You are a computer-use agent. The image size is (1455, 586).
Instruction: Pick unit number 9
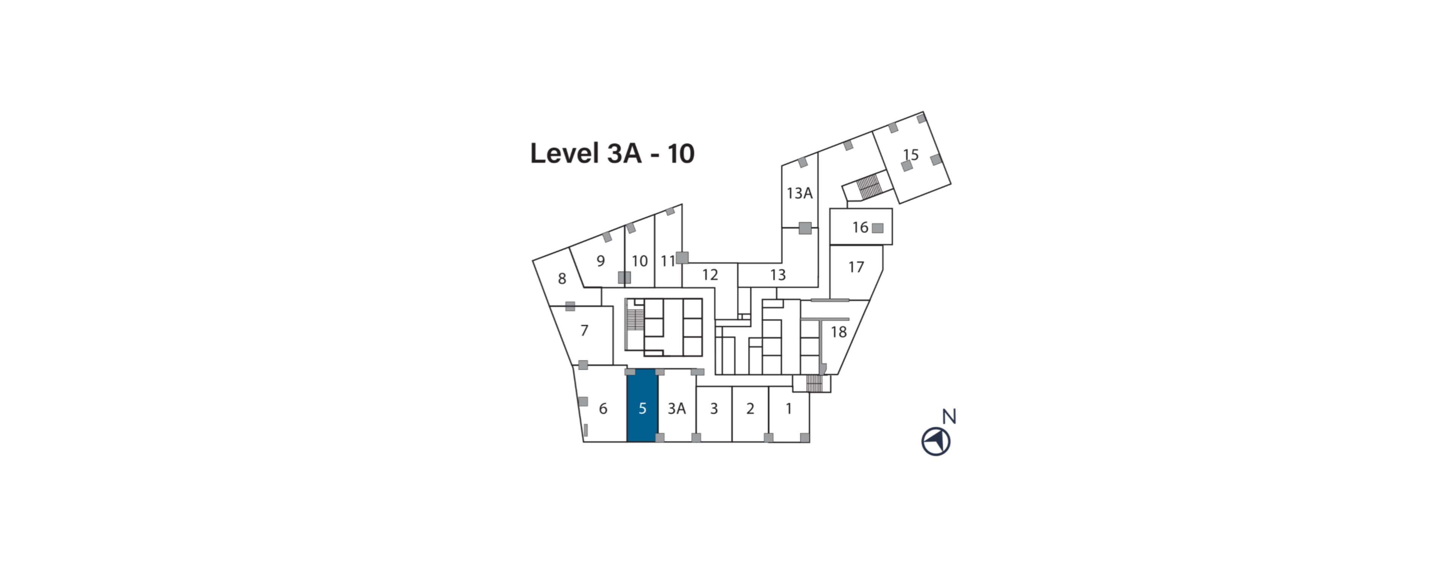[601, 261]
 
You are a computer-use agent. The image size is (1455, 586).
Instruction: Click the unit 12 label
[710, 275]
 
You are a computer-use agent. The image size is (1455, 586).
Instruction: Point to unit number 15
[911, 154]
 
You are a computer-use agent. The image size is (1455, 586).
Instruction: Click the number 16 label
[860, 227]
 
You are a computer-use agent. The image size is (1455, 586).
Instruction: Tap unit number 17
[856, 267]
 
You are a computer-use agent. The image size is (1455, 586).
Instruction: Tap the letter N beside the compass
[950, 417]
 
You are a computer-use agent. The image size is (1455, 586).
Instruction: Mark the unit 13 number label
[778, 275]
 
